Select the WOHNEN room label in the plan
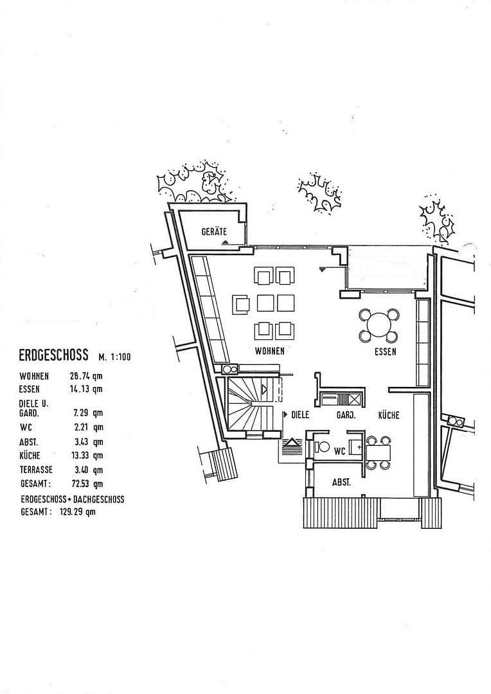pos(270,351)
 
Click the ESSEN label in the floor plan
pos(386,351)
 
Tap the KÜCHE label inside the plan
pos(388,415)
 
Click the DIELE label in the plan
pos(300,415)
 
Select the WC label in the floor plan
pos(339,451)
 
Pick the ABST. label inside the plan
pos(341,482)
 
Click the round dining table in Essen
pos(379,325)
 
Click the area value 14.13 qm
pos(87,389)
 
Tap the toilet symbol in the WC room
pos(323,447)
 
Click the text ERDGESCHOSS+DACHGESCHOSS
pos(71,499)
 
